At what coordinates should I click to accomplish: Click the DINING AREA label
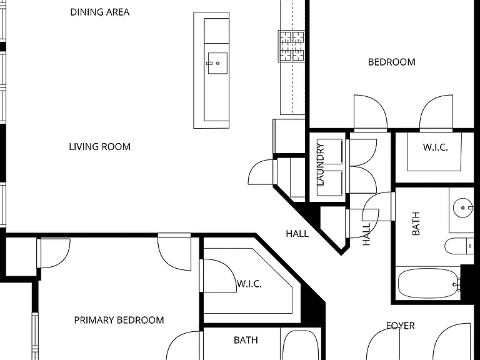pos(100,12)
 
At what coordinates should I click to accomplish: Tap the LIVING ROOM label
pos(100,147)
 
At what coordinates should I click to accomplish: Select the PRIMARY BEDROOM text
pos(119,320)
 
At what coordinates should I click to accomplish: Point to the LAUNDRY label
pos(321,165)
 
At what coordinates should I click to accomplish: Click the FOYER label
pos(401,326)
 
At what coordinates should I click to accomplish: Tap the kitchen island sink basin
pos(217,63)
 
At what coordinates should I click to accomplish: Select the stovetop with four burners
pos(291,46)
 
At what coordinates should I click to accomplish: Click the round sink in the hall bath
pos(462,207)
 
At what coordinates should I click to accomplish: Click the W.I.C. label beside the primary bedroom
pos(249,284)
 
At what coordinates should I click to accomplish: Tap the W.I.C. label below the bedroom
pos(435,147)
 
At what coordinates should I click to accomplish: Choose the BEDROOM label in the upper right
pos(391,62)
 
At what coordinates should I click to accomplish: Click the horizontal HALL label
pos(297,234)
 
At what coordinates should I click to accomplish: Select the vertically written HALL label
pos(366,234)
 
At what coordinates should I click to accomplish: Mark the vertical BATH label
pos(416,224)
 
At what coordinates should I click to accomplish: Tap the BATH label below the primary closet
pos(246,340)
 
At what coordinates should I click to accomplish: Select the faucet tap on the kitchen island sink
pos(209,63)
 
